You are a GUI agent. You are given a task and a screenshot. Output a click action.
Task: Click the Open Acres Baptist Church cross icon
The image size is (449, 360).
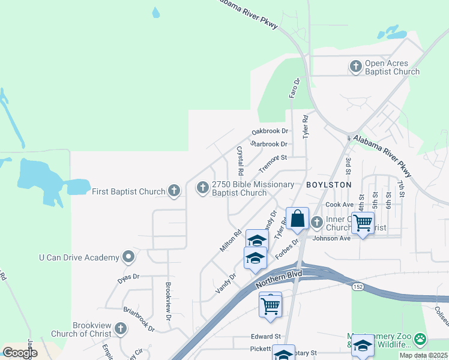(356, 67)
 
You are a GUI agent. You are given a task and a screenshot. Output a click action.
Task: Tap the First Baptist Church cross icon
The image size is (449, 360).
(174, 191)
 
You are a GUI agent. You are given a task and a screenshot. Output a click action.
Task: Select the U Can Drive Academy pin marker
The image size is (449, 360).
(128, 257)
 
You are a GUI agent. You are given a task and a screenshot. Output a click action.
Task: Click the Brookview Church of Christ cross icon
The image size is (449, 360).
(121, 329)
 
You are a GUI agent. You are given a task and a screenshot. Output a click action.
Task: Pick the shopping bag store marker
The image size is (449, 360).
(297, 219)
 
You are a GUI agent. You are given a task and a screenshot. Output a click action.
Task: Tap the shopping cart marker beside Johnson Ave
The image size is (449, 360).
(363, 223)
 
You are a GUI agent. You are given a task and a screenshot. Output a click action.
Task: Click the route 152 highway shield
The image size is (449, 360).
(357, 287)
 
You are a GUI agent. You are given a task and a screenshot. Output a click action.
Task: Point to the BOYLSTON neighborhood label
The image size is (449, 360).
(328, 185)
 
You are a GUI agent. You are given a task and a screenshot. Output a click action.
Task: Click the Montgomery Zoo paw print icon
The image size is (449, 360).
(421, 340)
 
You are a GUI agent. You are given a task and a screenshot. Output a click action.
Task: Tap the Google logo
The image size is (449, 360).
(20, 352)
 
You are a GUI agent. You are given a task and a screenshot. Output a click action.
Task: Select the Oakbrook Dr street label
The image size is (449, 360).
(270, 131)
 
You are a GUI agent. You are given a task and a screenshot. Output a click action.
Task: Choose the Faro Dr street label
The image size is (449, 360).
(294, 88)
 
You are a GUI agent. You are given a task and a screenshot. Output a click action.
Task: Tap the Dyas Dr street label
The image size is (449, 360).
(128, 277)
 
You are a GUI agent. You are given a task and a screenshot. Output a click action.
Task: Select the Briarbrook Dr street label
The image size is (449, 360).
(139, 320)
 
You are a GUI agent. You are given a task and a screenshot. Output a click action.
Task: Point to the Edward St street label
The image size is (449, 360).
(267, 337)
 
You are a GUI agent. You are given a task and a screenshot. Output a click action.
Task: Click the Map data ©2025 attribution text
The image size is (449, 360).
(424, 355)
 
